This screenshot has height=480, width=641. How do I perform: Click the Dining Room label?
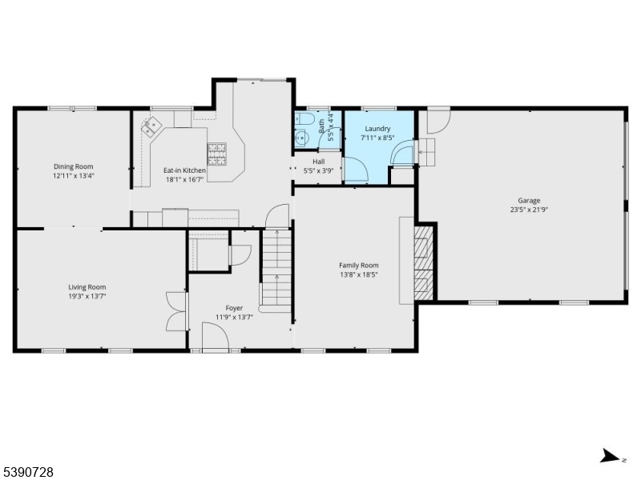[74, 166]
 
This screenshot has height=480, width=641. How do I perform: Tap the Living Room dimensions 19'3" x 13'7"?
[87, 296]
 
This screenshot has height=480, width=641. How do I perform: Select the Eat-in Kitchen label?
[185, 170]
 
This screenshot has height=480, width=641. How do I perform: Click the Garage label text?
[529, 201]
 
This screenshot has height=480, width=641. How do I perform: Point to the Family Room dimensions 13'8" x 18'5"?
[358, 274]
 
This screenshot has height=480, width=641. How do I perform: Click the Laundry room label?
[377, 129]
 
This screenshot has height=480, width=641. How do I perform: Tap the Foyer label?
[234, 308]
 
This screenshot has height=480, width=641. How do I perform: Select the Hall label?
[318, 162]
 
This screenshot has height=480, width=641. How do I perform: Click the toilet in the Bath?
[304, 118]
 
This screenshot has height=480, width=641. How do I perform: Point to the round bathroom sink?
[301, 138]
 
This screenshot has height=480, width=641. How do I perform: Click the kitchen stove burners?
[216, 154]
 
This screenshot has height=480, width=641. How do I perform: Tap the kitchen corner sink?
[151, 125]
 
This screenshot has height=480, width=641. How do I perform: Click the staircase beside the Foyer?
[276, 269]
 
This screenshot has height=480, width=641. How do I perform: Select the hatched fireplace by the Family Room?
[424, 264]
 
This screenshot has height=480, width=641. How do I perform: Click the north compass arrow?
[611, 456]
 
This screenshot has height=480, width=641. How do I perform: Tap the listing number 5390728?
[27, 472]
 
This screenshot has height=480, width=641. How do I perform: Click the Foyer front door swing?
[216, 336]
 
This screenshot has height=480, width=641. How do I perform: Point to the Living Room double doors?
[175, 311]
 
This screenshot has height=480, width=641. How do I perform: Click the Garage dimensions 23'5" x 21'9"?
[529, 210]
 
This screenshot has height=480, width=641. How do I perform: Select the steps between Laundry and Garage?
[427, 152]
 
